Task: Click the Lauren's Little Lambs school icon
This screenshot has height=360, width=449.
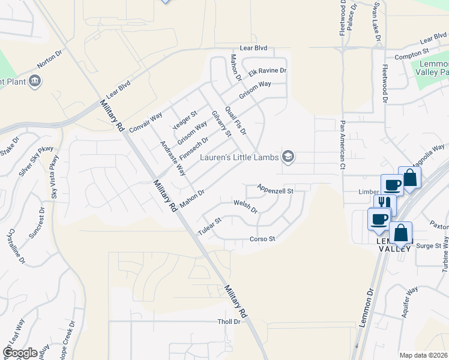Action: (x=288, y=157)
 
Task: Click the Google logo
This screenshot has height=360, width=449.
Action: (x=20, y=352)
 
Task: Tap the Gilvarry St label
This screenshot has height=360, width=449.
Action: (x=221, y=124)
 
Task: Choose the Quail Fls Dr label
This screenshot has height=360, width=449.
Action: (x=235, y=120)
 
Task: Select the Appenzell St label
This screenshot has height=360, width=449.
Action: (x=274, y=190)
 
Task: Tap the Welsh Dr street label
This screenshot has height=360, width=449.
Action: (x=246, y=207)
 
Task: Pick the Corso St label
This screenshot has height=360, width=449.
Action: (x=262, y=239)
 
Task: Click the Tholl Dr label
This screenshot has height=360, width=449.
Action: (x=229, y=322)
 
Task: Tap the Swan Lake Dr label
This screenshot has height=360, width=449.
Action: (x=377, y=20)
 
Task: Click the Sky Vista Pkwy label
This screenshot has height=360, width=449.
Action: (x=55, y=176)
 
